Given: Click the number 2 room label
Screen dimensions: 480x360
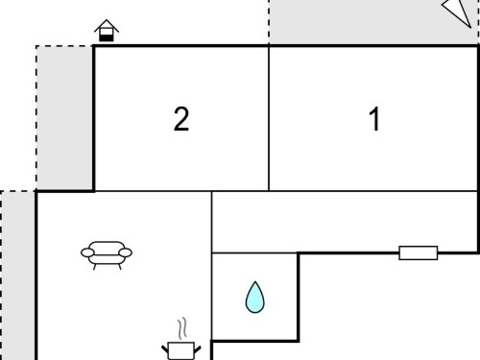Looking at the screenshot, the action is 181,119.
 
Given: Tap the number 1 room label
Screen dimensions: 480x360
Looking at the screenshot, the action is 374,119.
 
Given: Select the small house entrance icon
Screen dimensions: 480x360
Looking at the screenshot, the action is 107,31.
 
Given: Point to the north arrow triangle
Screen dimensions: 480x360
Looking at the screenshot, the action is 458,12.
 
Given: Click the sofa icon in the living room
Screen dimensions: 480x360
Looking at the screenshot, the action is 107,255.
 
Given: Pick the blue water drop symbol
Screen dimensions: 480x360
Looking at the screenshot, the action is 255,297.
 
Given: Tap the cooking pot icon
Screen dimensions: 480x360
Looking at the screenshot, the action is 181,351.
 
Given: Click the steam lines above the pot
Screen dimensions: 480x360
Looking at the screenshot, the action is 182,328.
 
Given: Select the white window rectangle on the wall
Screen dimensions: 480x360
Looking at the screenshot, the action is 419,252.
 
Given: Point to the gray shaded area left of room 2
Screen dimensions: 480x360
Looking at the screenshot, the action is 64,118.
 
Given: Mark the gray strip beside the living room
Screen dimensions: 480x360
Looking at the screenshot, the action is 17,276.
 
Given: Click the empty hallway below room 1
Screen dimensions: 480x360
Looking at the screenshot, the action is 345,222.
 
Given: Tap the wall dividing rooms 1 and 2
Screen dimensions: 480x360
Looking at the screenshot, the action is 269,119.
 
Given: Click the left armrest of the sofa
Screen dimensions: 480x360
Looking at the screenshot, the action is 87,252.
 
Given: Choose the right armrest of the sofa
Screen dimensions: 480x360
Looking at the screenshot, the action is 126,252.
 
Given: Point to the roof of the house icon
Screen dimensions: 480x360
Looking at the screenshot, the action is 107,26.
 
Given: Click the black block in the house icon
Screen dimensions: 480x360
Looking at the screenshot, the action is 107,37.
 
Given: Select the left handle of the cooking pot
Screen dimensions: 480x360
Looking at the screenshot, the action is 165,349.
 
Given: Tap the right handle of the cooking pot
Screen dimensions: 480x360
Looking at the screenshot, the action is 198,349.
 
